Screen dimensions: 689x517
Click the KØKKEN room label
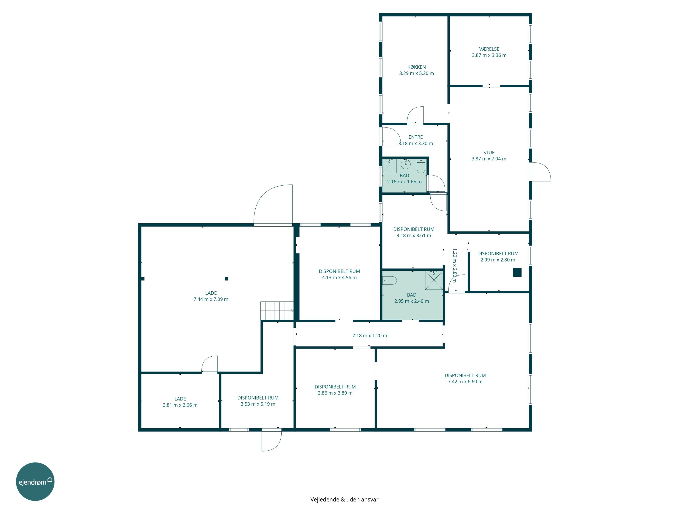coord(416,67)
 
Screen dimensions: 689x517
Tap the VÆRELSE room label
coord(489,49)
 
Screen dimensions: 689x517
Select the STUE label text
coord(489,152)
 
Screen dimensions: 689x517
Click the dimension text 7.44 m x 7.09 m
coord(211,299)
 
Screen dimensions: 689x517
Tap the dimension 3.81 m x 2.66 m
coord(180,405)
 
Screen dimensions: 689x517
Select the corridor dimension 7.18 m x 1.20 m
coord(370,336)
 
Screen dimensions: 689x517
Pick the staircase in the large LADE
coord(277,311)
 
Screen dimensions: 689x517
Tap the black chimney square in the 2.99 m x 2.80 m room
coord(517,272)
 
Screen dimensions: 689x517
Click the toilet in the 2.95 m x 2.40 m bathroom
coord(389,281)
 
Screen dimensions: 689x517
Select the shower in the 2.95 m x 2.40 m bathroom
coord(434,280)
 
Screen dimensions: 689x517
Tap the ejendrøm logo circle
coord(35,481)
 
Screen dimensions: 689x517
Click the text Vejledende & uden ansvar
coord(344,499)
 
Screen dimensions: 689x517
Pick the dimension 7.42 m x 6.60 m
coord(465,381)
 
